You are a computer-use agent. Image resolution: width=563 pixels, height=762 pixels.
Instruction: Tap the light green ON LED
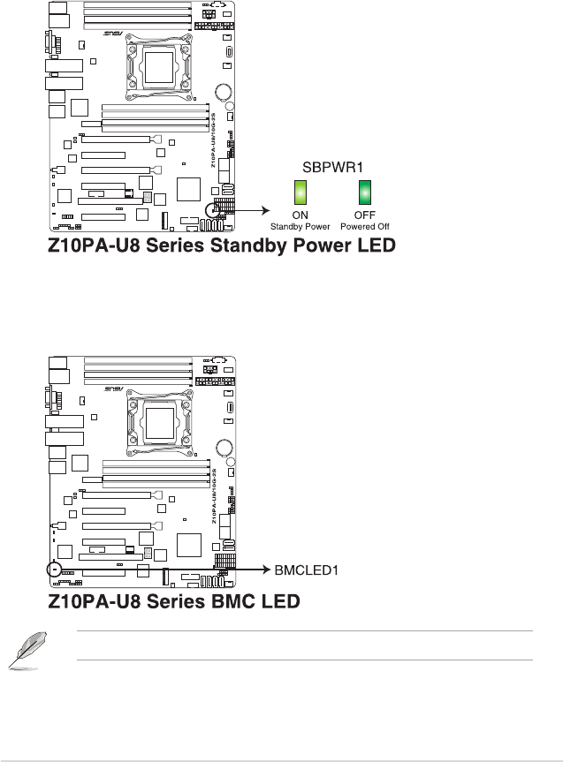[301, 193]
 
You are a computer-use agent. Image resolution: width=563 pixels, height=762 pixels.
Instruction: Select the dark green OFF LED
[364, 193]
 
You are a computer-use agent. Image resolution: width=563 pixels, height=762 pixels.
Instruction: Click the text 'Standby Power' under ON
[301, 227]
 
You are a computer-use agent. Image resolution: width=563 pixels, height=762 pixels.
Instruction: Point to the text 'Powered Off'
[365, 227]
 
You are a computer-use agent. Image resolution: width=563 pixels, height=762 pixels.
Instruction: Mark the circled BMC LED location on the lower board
[55, 570]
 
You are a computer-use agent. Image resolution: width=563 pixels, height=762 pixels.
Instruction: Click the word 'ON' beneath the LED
[301, 215]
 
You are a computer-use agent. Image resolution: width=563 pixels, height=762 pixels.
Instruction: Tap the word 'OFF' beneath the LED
[365, 215]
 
